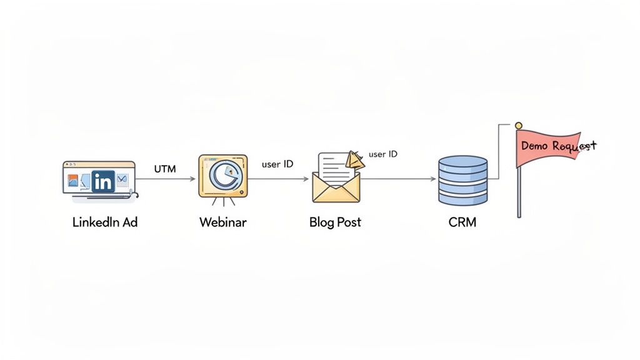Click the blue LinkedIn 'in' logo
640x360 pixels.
[x=103, y=182]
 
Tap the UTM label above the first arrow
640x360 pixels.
[x=165, y=169]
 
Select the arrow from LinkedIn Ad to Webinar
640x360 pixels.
[x=166, y=179]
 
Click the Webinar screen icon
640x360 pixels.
[x=222, y=177]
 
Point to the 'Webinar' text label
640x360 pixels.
[x=222, y=222]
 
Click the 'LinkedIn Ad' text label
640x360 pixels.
[x=105, y=222]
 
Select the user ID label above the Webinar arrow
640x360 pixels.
[x=278, y=164]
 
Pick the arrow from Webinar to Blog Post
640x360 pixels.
[x=279, y=179]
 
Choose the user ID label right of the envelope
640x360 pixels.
[x=383, y=154]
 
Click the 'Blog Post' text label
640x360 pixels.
[x=335, y=222]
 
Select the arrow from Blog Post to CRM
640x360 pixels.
[x=399, y=179]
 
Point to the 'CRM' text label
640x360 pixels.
[x=462, y=222]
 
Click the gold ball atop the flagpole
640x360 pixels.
[x=519, y=126]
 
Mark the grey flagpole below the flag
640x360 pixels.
[x=519, y=194]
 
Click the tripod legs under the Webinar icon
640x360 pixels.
[x=222, y=201]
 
